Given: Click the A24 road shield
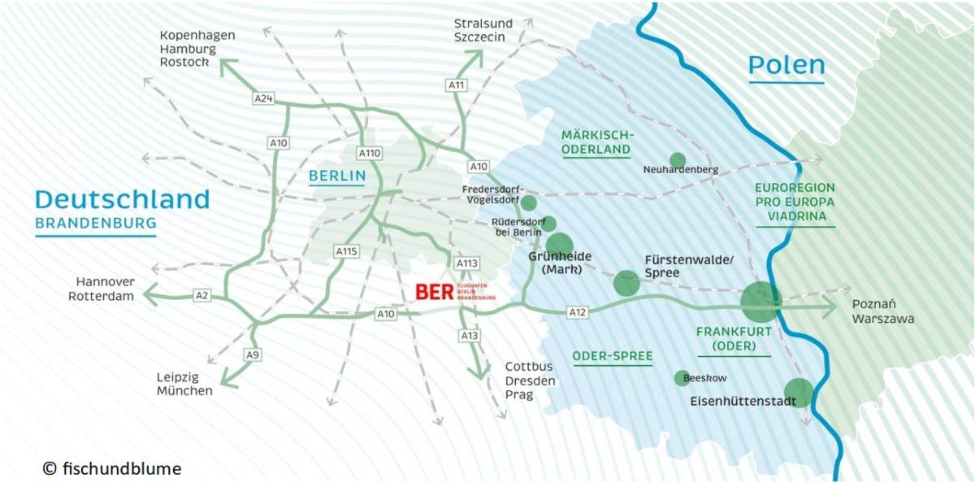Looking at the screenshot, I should [262, 98].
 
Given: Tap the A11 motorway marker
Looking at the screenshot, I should [457, 85].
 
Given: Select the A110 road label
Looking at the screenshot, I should [370, 153].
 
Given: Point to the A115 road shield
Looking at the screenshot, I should [346, 251].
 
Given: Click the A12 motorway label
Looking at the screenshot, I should [578, 311].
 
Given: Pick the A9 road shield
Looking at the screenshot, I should [253, 355].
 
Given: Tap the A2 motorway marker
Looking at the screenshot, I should [202, 294].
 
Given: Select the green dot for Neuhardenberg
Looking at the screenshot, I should [678, 160].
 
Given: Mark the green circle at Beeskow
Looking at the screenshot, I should [682, 378].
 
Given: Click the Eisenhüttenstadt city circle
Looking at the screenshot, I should [799, 393].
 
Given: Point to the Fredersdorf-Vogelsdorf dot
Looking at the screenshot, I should [529, 202].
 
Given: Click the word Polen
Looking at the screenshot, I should [786, 66].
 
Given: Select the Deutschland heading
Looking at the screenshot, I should [123, 199].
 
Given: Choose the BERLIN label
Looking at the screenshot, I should [337, 176].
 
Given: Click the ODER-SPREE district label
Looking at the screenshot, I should [613, 356].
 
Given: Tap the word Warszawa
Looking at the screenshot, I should [883, 319].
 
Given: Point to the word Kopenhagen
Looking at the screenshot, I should [197, 36].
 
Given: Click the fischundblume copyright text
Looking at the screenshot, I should [112, 469].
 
